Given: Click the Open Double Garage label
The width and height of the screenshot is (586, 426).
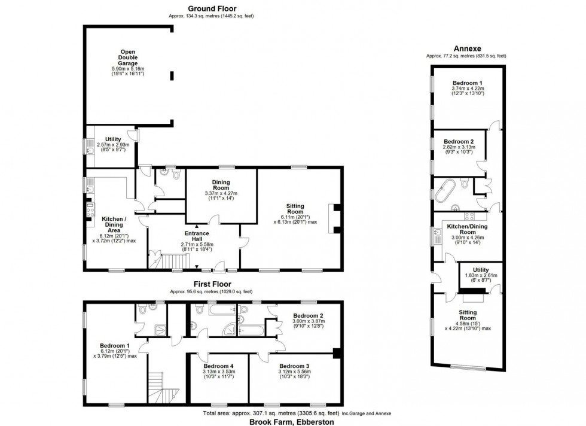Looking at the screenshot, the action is tap(128, 57).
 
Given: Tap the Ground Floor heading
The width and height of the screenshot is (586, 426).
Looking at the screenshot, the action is tap(212, 8).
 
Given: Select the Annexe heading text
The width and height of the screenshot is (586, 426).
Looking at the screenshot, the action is tap(467, 48).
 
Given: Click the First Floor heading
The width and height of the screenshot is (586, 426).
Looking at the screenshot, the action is tap(212, 284).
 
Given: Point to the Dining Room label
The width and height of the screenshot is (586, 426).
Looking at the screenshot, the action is tap(221, 185).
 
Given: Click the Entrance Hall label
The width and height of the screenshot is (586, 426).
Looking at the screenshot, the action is tap(197, 236).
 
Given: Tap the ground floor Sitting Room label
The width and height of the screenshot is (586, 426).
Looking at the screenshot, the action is tap(295, 209).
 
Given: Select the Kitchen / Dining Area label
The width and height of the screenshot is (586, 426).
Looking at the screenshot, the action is tap(114, 224).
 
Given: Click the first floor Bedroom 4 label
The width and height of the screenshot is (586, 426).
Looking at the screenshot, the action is tap(219, 366).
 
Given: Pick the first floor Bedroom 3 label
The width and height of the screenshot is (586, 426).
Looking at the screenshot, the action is tap(294, 366).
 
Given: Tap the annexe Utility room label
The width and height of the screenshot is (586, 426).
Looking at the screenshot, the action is tap(481, 270).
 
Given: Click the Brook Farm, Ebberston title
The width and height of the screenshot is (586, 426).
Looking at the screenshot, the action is tap(292, 422).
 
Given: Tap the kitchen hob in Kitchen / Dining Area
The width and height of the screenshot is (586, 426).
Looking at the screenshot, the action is tap(90, 210).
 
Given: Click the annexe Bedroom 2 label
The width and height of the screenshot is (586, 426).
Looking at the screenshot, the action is tap(459, 141).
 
